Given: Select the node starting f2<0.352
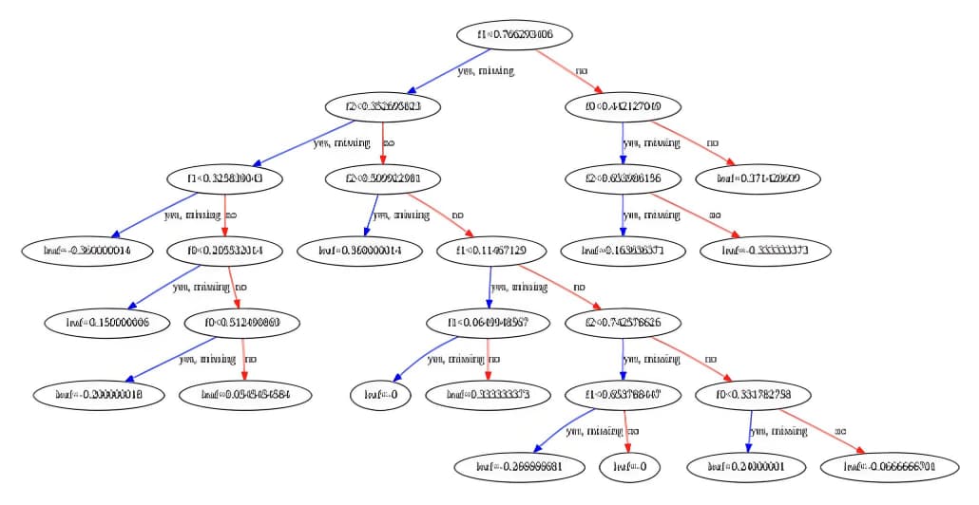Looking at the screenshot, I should (382, 107).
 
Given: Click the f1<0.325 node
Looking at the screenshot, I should (226, 178).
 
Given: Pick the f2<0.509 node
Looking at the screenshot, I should (383, 178).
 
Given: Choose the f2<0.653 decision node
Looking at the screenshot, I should (623, 178).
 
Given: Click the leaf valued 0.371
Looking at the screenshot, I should (757, 178).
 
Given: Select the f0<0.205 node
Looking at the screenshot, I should (227, 251).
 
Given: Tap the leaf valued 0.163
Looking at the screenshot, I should (624, 251).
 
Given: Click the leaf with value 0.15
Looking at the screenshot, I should (107, 323).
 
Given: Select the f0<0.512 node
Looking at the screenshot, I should (241, 323).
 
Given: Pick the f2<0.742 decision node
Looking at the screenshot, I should (622, 323).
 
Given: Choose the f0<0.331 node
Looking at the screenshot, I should (757, 394).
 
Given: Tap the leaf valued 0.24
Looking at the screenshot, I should (758, 466).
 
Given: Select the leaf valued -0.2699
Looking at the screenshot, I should (514, 466).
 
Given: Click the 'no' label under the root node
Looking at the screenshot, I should (582, 71).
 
